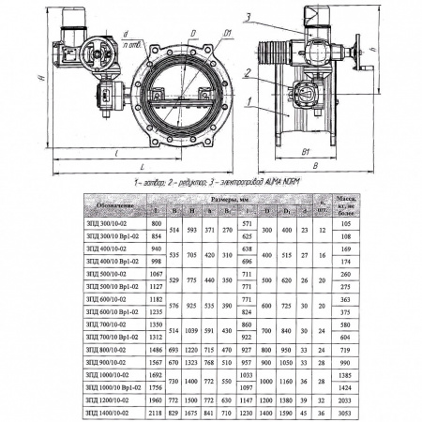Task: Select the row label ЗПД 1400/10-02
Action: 116,411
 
